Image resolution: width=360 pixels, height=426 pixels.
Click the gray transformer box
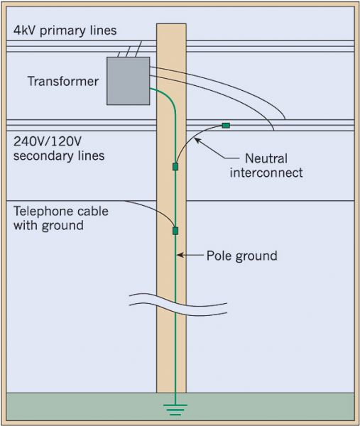[128, 80]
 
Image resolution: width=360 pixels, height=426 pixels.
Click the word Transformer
[62, 82]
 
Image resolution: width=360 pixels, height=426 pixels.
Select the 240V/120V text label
[48, 139]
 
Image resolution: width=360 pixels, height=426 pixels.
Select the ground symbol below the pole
[175, 408]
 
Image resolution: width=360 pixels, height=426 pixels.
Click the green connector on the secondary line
[226, 126]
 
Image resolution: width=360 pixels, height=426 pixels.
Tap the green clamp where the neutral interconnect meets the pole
[175, 166]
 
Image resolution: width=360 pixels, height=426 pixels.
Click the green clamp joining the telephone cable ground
[175, 230]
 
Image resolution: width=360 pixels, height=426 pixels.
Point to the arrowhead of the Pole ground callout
[180, 255]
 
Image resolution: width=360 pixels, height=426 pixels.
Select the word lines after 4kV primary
[102, 31]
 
